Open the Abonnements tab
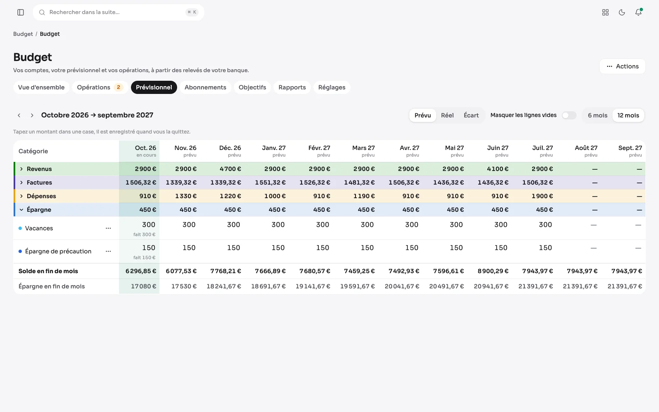[x=206, y=87]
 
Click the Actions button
[x=622, y=66]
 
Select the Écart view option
[x=471, y=115]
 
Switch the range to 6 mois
[x=598, y=115]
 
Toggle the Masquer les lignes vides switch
[x=569, y=115]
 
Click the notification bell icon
[x=638, y=12]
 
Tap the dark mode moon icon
[x=622, y=12]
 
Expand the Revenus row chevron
[x=21, y=169]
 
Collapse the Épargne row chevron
[x=21, y=210]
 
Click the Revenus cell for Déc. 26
[x=230, y=169]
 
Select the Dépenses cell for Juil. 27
[x=542, y=196]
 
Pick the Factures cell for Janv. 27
[x=270, y=183]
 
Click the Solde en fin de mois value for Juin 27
[x=493, y=271]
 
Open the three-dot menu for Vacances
[x=108, y=228]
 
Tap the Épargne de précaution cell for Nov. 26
[x=189, y=248]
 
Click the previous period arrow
[x=19, y=115]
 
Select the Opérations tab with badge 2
[x=100, y=87]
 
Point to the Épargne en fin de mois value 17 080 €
[x=144, y=286]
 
